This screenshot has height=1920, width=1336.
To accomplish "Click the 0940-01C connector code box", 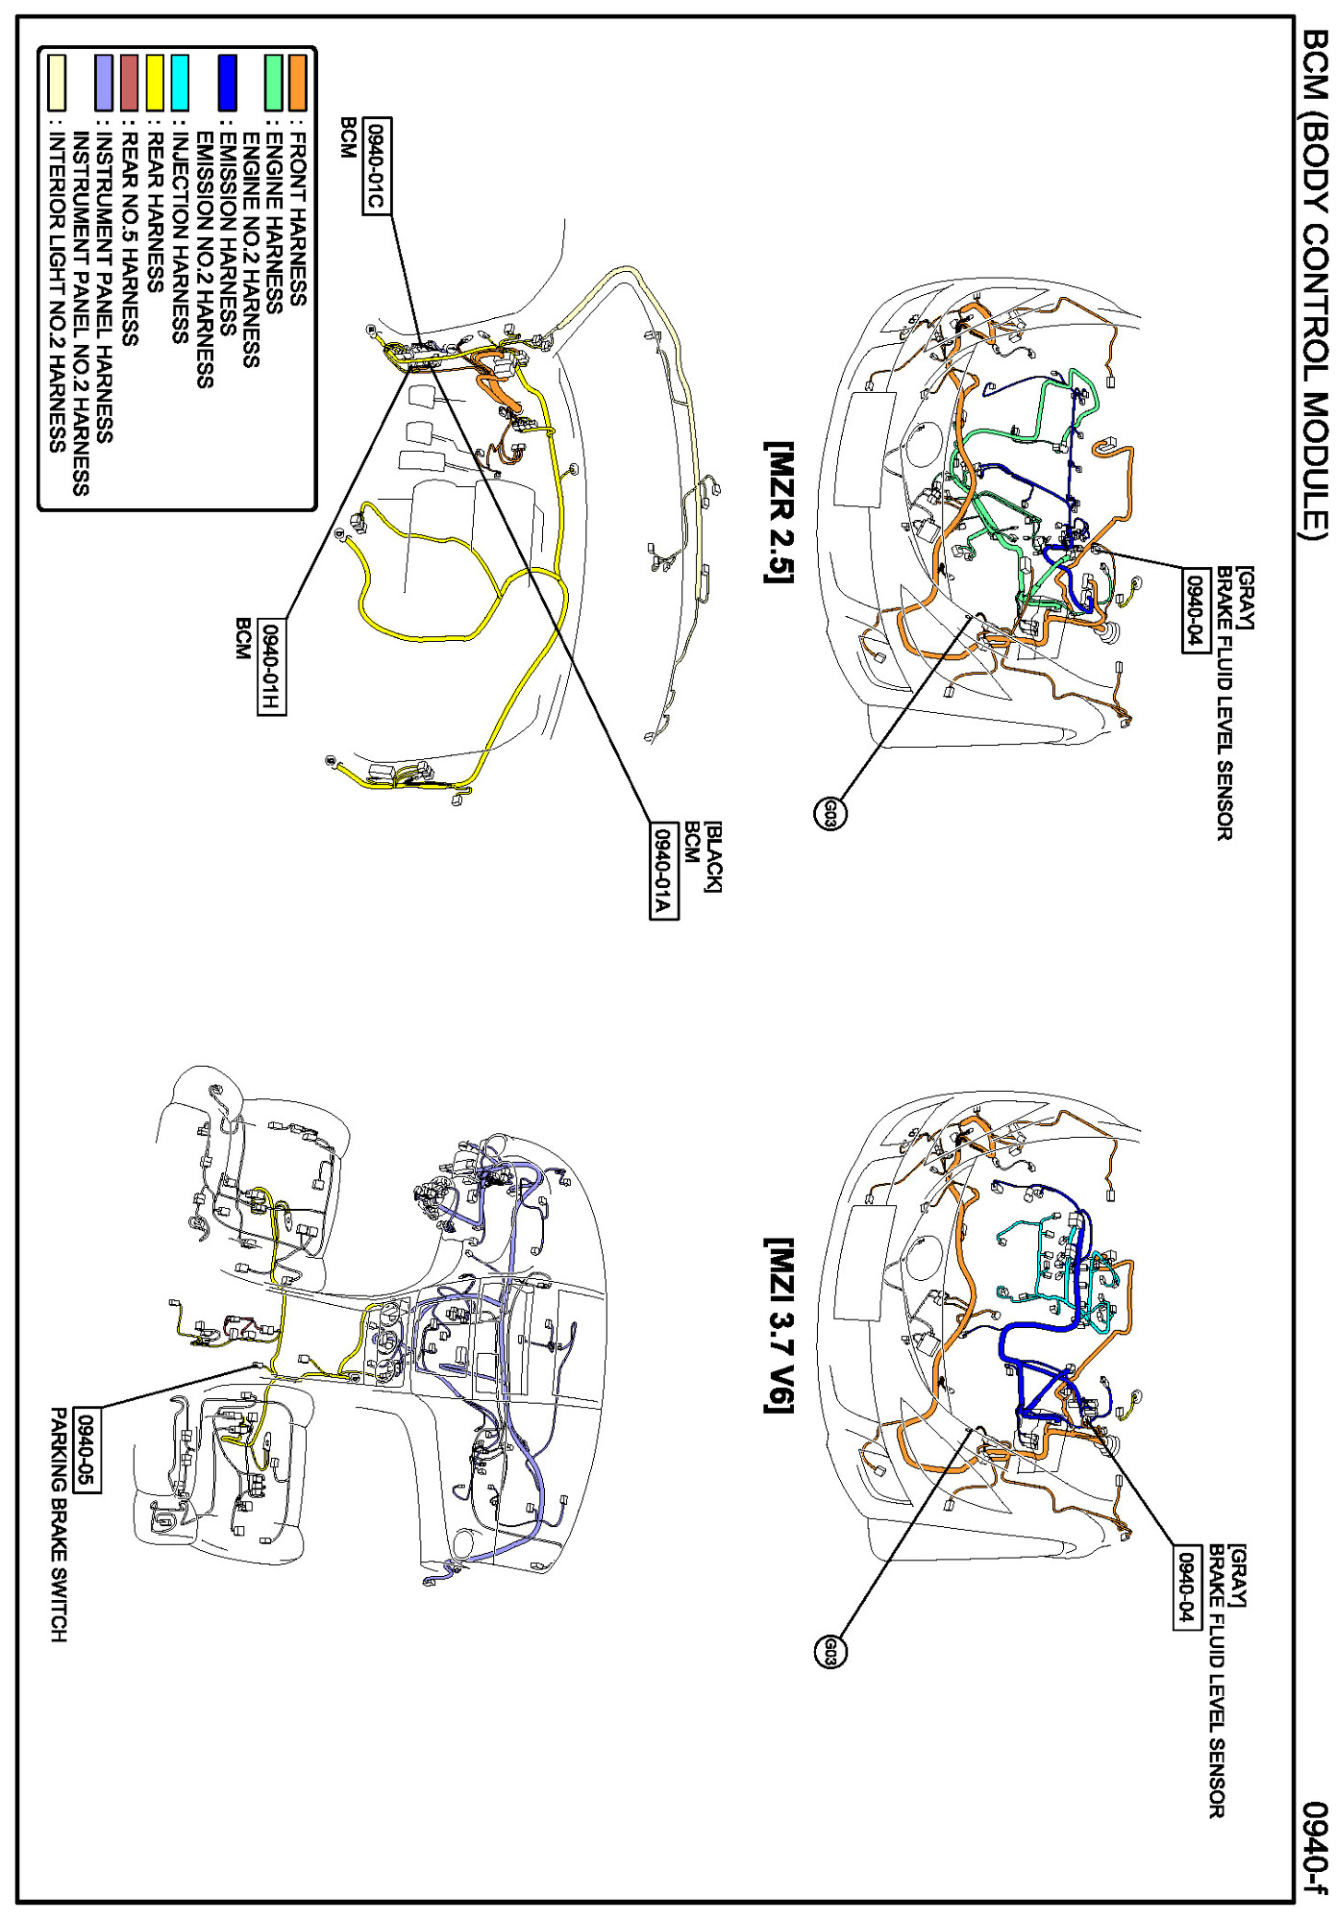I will [x=378, y=166].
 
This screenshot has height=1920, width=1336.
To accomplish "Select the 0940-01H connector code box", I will [x=272, y=667].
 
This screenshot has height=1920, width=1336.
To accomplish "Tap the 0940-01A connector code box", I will [x=664, y=871].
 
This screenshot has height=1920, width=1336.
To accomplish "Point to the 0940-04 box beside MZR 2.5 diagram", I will [x=1196, y=610].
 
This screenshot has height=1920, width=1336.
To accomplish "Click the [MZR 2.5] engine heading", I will [x=779, y=512].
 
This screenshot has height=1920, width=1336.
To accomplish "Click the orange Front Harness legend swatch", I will [x=298, y=82].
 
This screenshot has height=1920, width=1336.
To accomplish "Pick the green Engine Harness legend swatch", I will [x=274, y=82].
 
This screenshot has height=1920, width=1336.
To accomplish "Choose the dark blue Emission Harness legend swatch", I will [x=227, y=82].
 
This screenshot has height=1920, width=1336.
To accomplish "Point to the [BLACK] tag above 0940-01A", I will [x=712, y=856].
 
